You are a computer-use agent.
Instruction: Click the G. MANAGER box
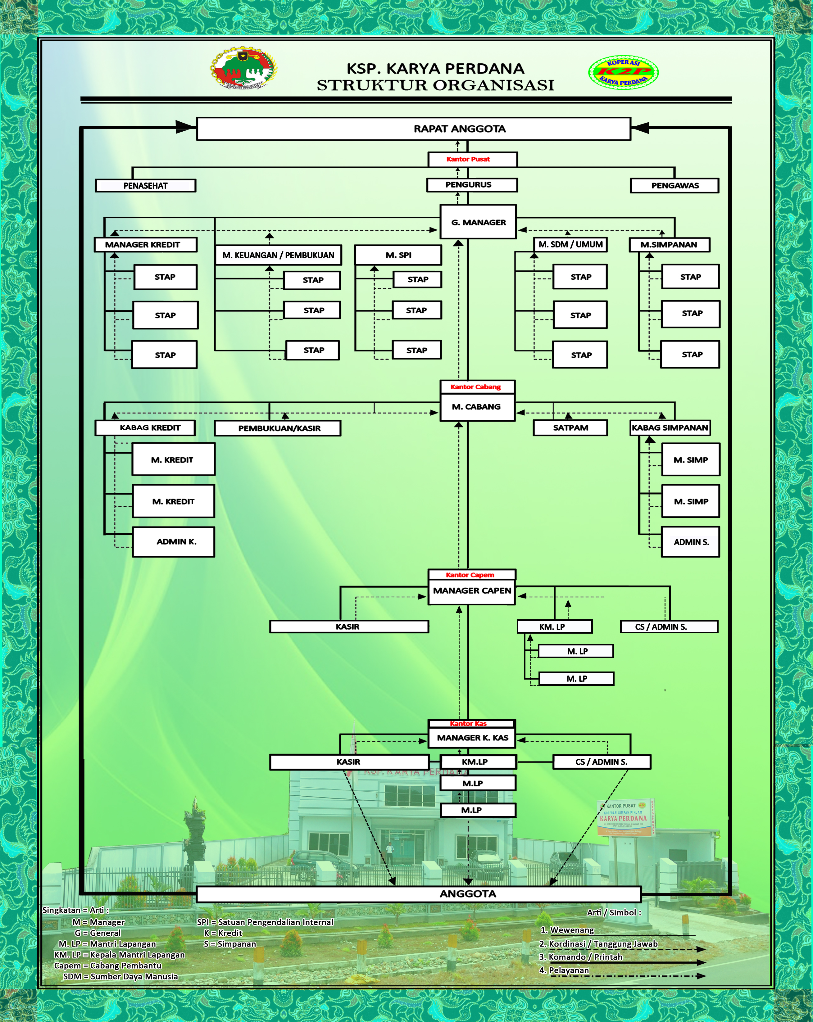pyautogui.click(x=478, y=222)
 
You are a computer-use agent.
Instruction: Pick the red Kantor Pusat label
pyautogui.click(x=468, y=159)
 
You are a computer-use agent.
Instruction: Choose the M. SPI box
pyautogui.click(x=398, y=255)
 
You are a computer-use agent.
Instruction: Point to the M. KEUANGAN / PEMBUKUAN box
pyautogui.click(x=278, y=255)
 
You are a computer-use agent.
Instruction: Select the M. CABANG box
pyautogui.click(x=476, y=407)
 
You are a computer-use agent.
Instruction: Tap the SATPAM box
pyautogui.click(x=570, y=427)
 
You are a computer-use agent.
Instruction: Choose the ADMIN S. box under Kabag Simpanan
pyautogui.click(x=691, y=542)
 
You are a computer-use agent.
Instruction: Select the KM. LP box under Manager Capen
pyautogui.click(x=554, y=627)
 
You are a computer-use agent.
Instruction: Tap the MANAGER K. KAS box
pyautogui.click(x=472, y=738)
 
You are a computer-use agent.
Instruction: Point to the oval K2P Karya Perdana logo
pyautogui.click(x=623, y=72)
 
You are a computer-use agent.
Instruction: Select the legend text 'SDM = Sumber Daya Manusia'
pyautogui.click(x=120, y=976)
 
